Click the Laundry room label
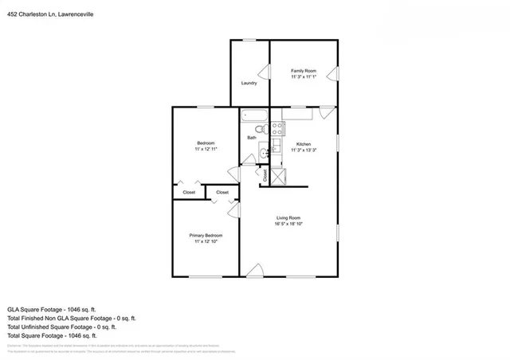[249, 83]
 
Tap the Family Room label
[303, 71]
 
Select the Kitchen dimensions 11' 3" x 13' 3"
[304, 150]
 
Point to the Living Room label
[288, 218]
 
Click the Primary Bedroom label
[206, 236]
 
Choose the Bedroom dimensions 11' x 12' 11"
[206, 149]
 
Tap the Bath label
[251, 138]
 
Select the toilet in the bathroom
[260, 128]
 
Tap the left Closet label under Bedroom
[189, 192]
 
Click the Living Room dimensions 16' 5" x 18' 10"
[288, 225]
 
